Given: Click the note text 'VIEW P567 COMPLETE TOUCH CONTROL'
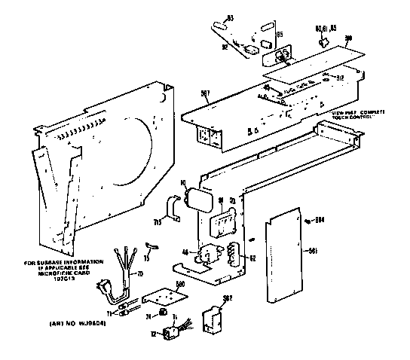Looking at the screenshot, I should [356, 114].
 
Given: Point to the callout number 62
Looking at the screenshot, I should [252, 259].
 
